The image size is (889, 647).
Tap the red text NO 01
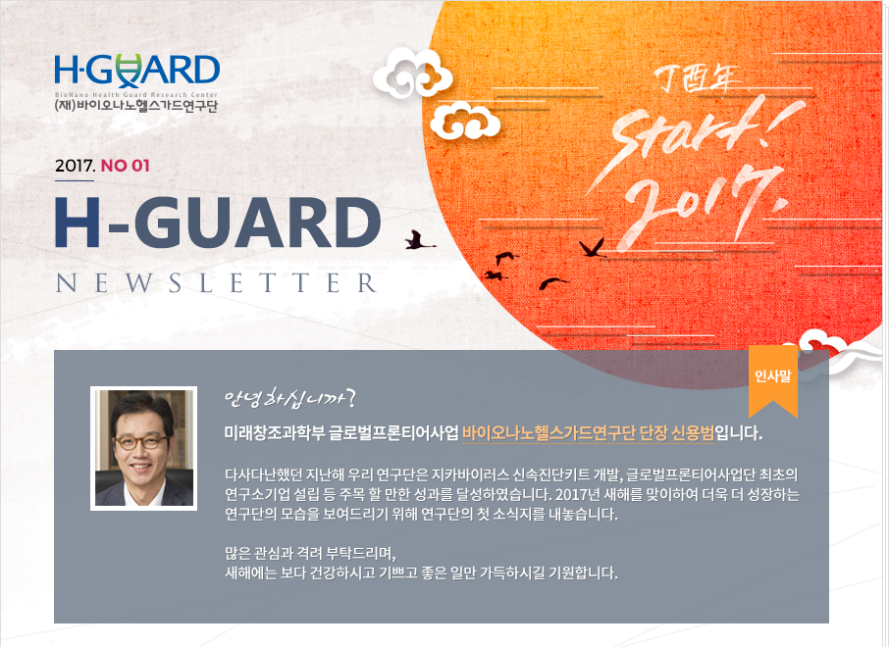click(125, 166)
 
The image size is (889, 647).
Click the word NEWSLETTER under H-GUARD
click(217, 283)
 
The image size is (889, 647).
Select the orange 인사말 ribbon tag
click(773, 380)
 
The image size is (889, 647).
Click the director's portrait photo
click(143, 448)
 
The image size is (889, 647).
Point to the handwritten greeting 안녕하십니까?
click(289, 399)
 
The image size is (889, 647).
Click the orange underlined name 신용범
click(693, 434)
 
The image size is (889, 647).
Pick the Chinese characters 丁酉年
click(697, 79)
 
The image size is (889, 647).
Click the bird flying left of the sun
click(420, 240)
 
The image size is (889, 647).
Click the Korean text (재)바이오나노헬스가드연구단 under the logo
click(136, 106)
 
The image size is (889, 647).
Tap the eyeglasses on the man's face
click(140, 442)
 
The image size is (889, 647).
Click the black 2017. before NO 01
click(76, 166)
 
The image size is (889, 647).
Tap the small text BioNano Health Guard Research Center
click(136, 95)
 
